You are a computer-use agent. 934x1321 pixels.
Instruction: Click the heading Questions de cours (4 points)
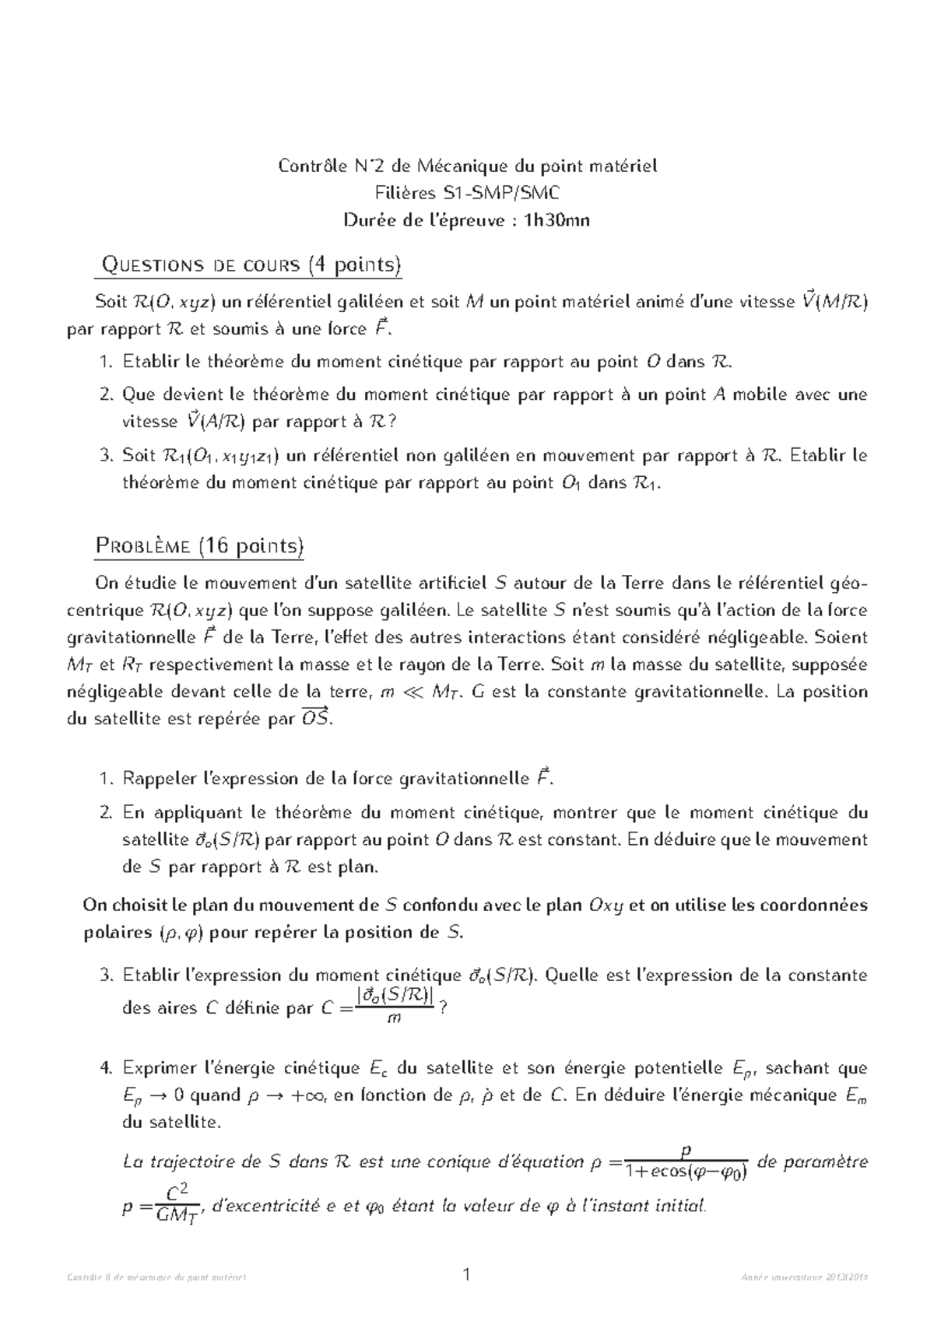pyautogui.click(x=248, y=266)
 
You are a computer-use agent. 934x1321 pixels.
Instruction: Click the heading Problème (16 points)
pyautogui.click(x=199, y=546)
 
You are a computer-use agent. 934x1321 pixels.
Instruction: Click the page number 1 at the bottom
pyautogui.click(x=467, y=1275)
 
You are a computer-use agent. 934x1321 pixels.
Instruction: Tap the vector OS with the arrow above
pyautogui.click(x=315, y=719)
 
